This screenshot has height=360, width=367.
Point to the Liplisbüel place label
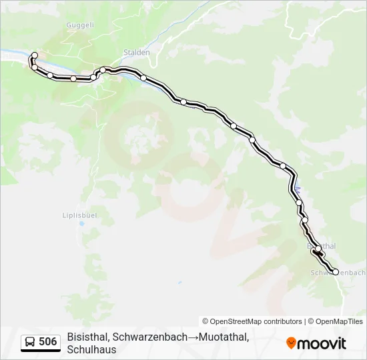click(x=81, y=215)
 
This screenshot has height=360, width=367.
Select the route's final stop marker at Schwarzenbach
click(x=336, y=272)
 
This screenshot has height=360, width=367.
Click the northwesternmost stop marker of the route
click(x=35, y=55)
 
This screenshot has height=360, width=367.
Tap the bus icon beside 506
click(x=30, y=342)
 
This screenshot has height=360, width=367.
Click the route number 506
click(x=47, y=342)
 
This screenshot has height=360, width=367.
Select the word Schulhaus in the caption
click(x=92, y=349)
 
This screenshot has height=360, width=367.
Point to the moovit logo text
click(x=322, y=343)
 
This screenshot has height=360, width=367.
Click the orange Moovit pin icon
click(x=291, y=343)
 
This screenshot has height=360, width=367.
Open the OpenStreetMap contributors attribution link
click(x=252, y=321)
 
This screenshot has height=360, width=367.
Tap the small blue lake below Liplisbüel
click(x=81, y=225)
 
